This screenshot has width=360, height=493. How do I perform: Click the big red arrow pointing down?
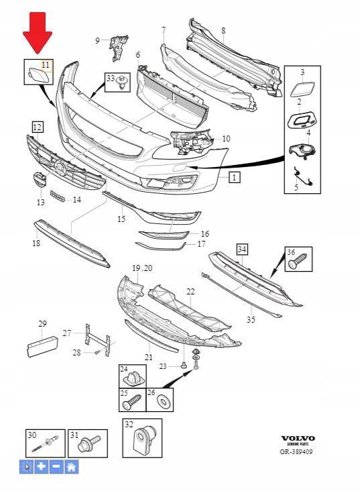(38, 33)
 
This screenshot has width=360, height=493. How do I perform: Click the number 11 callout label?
(46, 65)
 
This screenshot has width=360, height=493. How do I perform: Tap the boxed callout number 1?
(235, 177)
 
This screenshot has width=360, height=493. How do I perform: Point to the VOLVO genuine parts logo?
(298, 440)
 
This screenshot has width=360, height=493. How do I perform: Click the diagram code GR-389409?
(296, 452)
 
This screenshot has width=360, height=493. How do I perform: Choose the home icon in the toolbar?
(71, 467)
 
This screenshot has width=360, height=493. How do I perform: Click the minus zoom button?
(56, 467)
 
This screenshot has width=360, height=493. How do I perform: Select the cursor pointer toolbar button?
(27, 467)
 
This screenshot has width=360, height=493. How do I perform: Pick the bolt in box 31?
(89, 443)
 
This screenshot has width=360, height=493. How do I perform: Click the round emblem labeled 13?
(40, 180)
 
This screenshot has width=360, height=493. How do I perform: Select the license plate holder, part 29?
(42, 347)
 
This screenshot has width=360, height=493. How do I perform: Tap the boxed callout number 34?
(242, 250)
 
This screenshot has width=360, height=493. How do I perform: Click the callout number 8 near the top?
(223, 30)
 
